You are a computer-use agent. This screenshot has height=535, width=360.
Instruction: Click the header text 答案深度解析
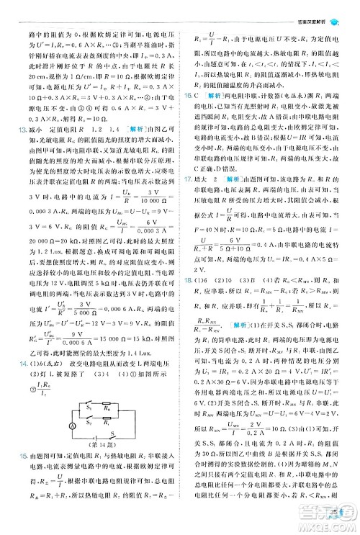(317, 6)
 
